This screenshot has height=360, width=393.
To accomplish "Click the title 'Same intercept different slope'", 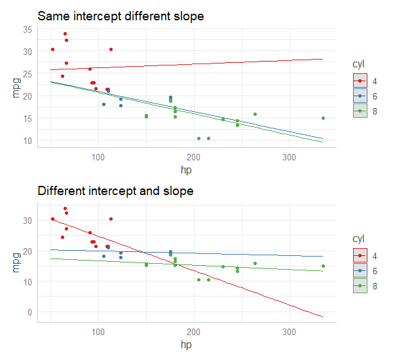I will point(121,16).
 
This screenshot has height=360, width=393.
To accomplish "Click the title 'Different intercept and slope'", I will point(115,191).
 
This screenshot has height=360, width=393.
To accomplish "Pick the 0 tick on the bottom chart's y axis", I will point(29,312).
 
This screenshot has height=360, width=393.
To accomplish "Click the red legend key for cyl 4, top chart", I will point(360,81).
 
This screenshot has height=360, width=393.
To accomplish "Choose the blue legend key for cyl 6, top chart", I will point(360,96).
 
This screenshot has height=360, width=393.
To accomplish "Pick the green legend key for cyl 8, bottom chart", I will point(360,286).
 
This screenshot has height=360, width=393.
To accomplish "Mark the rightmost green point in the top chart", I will point(323,118).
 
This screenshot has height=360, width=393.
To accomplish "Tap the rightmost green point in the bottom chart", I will point(323,266).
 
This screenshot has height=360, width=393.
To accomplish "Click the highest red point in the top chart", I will point(65,34).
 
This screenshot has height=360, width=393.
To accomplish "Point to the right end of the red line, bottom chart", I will point(323,317).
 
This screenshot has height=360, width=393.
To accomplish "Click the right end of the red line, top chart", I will point(323,59).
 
